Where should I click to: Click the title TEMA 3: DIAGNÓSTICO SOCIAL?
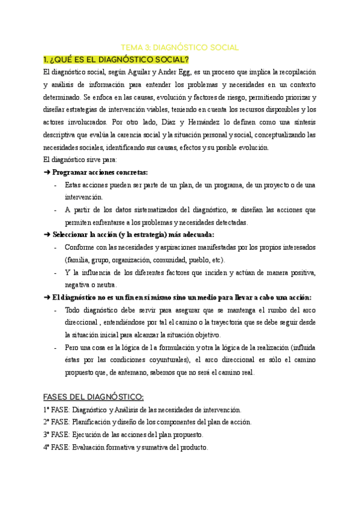tap(180, 47)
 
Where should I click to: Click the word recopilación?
tap(294, 72)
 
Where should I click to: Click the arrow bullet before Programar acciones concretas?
tap(47, 172)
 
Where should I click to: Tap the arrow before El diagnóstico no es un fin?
tap(47, 297)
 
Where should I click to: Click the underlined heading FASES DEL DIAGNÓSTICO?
tap(94, 397)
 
